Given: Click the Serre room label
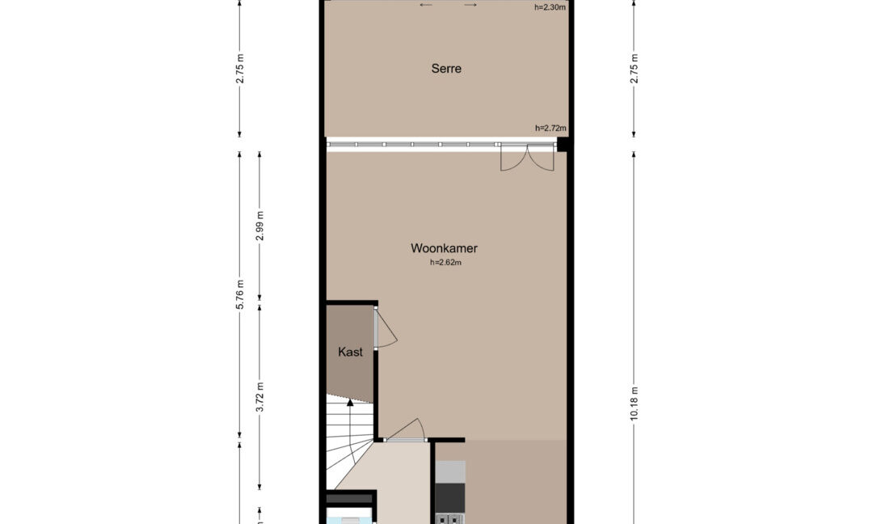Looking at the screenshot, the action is tap(446, 69).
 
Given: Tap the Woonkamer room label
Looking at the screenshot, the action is tap(445, 248).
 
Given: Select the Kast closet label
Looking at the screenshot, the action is tap(350, 352).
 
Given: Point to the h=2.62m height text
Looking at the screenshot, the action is tap(445, 263).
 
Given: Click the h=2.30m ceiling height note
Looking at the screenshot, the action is tap(550, 7).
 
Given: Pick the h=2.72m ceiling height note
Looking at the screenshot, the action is tap(550, 128).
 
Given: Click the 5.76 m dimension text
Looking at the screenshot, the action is tap(240, 294).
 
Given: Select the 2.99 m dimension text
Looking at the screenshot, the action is tap(259, 226).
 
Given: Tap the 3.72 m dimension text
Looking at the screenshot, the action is tap(259, 397).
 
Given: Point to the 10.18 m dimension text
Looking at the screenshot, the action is tap(634, 404).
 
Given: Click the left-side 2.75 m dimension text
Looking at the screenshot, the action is tap(240, 69).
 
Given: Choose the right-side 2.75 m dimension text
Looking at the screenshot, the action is tap(634, 69).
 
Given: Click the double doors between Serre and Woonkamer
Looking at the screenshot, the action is tap(527, 158).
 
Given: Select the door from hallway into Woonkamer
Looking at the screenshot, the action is tap(405, 431).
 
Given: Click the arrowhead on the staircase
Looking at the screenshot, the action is tap(350, 403).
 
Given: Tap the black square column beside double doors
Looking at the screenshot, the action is tap(563, 144).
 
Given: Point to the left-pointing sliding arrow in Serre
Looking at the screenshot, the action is tap(426, 5).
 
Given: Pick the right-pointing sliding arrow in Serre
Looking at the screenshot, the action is tap(470, 5).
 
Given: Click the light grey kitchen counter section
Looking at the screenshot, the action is tap(450, 471).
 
